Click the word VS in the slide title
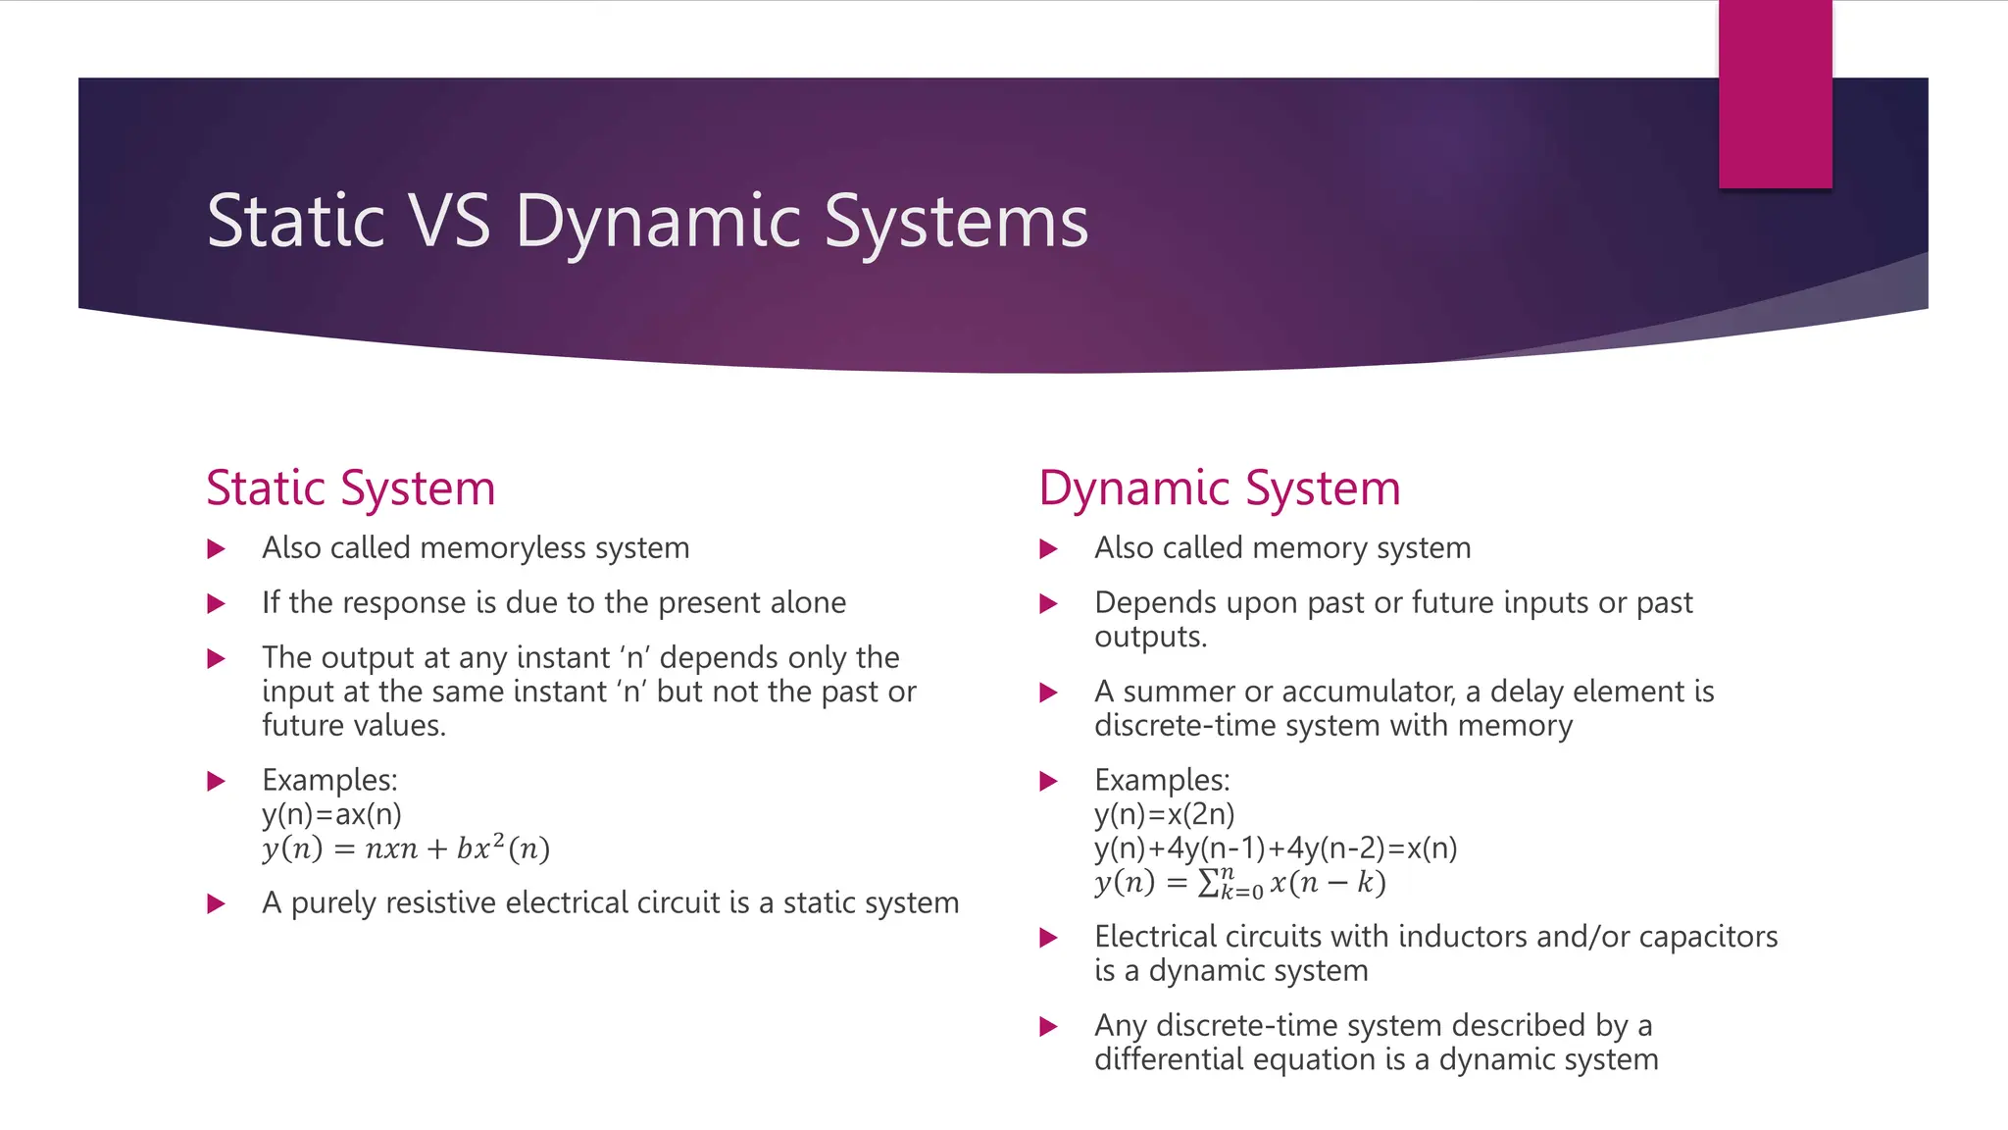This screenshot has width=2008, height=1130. (x=451, y=221)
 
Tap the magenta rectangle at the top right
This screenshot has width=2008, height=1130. (x=1775, y=93)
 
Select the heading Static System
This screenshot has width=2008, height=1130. (x=350, y=488)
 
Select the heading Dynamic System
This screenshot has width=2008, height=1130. (x=1219, y=488)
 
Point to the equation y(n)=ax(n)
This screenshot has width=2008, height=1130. (x=331, y=814)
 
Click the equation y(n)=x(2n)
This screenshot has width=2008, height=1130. (x=1165, y=814)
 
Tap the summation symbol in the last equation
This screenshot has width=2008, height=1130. (x=1209, y=884)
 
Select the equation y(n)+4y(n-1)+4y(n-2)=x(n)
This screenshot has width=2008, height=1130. (x=1276, y=848)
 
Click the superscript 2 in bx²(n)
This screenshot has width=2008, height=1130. (x=498, y=839)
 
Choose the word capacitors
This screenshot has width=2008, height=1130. (x=1708, y=937)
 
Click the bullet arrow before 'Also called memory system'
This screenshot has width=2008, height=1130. (x=1048, y=548)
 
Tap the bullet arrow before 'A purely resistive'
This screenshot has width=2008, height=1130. (x=216, y=903)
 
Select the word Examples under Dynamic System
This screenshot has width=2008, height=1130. (x=1161, y=780)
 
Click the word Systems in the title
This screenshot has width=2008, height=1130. (x=955, y=221)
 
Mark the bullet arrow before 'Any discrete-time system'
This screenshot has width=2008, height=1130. (x=1048, y=1026)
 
